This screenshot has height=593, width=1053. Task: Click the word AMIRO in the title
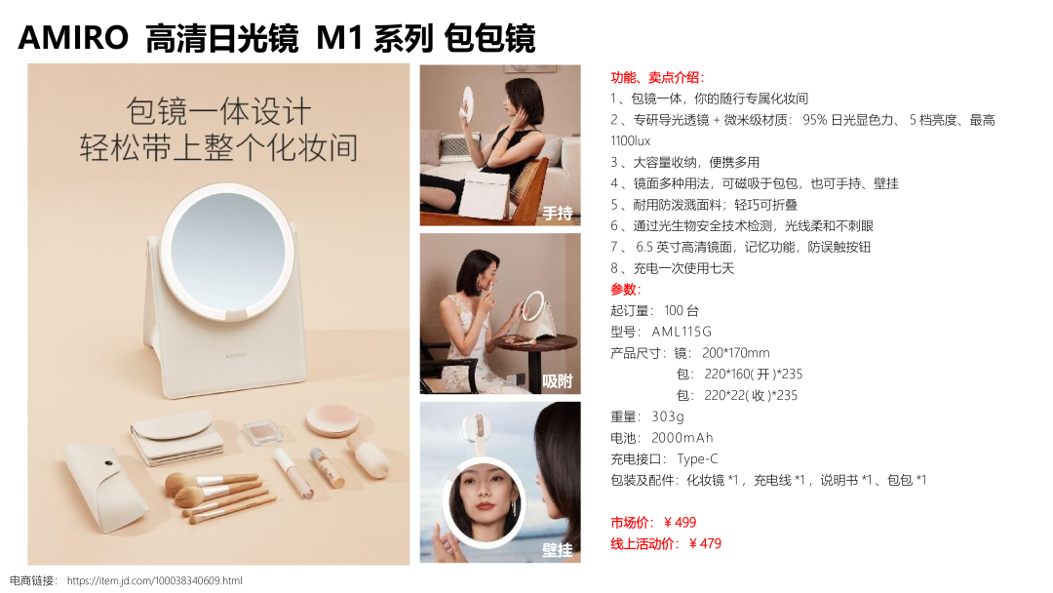73,37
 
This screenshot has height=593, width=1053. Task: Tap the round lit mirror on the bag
228,252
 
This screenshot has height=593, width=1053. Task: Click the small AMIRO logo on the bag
236,355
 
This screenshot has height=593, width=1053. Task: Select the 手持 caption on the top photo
558,214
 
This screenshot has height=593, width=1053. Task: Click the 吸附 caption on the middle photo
558,381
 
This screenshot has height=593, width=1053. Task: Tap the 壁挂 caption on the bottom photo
558,551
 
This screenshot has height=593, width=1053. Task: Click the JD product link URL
154,581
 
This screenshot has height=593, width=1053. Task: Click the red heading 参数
624,290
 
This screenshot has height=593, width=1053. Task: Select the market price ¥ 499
680,523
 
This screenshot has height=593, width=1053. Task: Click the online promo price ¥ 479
705,544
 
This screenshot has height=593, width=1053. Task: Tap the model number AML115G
682,332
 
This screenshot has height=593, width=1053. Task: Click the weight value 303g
668,417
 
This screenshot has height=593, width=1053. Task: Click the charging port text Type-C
697,459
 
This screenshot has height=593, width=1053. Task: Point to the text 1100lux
631,141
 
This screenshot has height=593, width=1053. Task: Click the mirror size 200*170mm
736,353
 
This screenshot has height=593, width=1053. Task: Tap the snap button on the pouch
109,463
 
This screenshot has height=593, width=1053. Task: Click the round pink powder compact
331,420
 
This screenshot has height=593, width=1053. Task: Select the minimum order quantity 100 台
682,311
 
